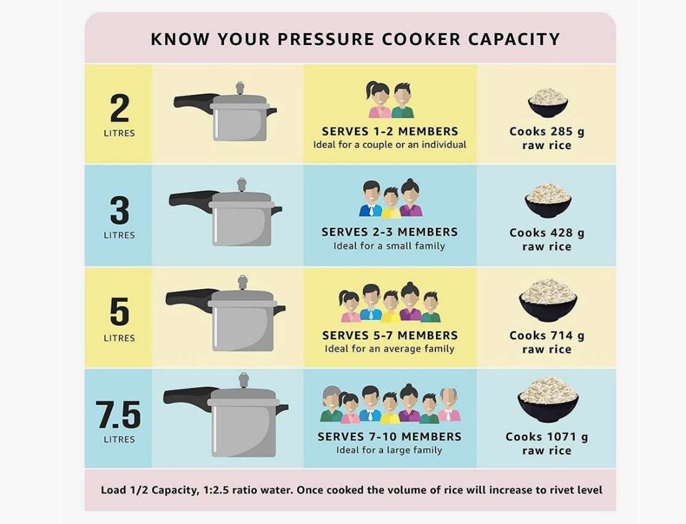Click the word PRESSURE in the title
click(x=326, y=39)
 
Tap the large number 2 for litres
click(x=119, y=108)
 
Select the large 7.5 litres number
click(x=119, y=414)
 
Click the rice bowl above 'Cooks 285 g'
click(x=547, y=103)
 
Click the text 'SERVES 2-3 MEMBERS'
click(x=389, y=232)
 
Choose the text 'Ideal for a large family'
click(x=389, y=450)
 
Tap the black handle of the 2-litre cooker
click(x=195, y=101)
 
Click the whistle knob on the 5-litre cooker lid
click(x=243, y=283)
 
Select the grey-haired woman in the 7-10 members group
click(x=331, y=404)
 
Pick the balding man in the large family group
click(x=449, y=405)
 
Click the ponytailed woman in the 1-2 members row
click(x=379, y=100)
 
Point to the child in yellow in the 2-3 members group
click(x=390, y=203)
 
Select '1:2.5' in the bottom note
click(x=216, y=490)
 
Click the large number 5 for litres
click(x=119, y=312)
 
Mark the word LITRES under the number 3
click(x=119, y=235)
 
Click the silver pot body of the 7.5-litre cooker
click(x=244, y=431)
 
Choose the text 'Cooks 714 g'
click(x=547, y=336)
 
